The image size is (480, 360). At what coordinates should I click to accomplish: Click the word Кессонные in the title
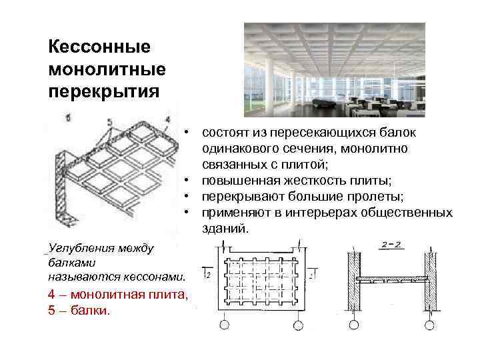[99, 47]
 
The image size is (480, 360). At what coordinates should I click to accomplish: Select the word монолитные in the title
[107, 69]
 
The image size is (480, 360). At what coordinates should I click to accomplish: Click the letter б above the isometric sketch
[68, 118]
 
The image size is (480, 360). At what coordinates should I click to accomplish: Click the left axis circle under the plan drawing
[223, 325]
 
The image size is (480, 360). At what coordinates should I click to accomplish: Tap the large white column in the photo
[269, 83]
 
